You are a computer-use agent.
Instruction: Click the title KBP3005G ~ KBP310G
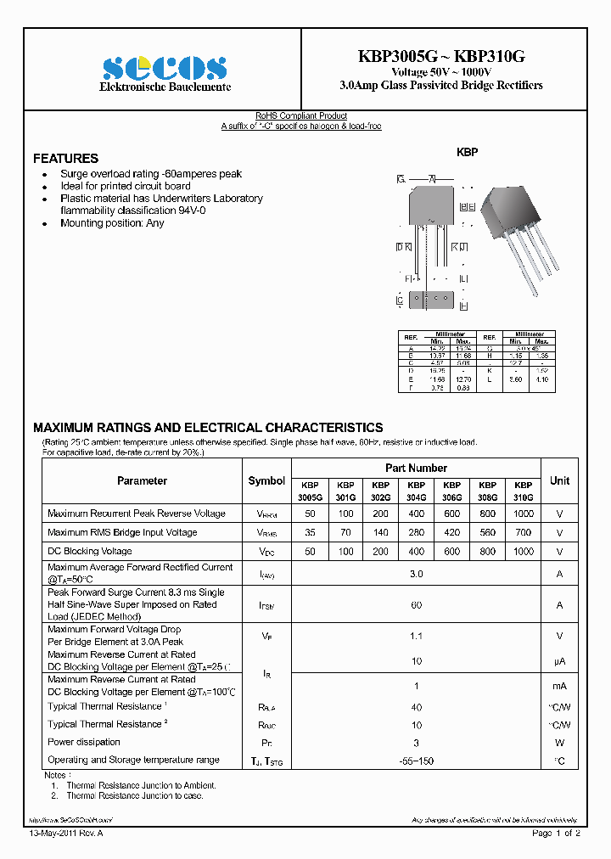(x=441, y=56)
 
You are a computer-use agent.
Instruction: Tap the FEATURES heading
(x=65, y=159)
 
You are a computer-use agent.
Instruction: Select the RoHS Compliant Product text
(x=301, y=116)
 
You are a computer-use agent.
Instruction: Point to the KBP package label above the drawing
(x=468, y=152)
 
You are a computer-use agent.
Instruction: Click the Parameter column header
(x=142, y=480)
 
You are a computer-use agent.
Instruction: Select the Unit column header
(x=559, y=480)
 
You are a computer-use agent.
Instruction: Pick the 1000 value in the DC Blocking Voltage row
(x=524, y=552)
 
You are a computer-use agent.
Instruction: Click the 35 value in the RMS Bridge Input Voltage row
(x=311, y=533)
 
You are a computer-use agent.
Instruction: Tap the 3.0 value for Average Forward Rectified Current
(x=416, y=574)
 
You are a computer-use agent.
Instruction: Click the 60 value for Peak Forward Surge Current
(x=416, y=605)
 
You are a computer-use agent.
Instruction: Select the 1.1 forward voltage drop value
(x=416, y=636)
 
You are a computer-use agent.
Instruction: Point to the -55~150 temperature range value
(x=416, y=761)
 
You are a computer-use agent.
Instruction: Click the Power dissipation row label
(x=84, y=742)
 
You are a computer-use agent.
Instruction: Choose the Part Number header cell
(x=416, y=468)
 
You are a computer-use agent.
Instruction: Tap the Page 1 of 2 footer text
(x=556, y=834)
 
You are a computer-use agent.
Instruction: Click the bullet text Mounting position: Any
(x=112, y=223)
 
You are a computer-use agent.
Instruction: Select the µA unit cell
(x=559, y=660)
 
